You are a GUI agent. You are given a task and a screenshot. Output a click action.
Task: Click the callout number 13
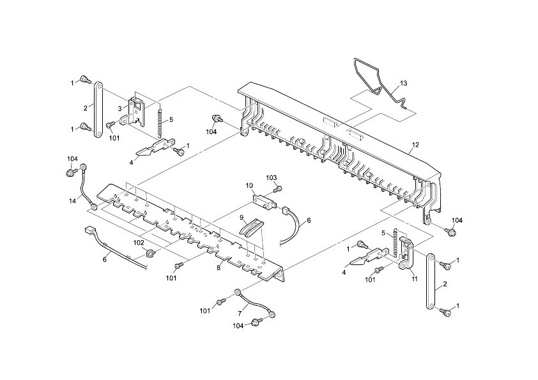[x=403, y=84]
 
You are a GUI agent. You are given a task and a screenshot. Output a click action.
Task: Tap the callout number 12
[x=415, y=146]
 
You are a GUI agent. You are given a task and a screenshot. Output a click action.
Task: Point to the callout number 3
[x=119, y=108]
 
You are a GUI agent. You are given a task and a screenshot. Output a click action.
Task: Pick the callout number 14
[x=73, y=201]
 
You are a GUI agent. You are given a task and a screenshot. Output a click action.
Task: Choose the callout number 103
[x=271, y=177]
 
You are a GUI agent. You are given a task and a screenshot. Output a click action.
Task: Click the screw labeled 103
[x=278, y=188]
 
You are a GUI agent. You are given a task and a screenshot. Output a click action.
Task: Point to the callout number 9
[x=242, y=218]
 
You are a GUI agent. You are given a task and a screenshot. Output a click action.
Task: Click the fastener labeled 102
[x=151, y=254]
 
